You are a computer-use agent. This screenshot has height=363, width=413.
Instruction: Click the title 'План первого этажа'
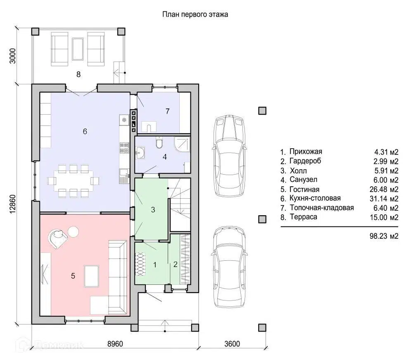(195, 14)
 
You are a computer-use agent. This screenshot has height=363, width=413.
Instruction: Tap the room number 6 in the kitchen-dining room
(85, 131)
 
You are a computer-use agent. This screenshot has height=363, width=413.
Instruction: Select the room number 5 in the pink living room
(73, 276)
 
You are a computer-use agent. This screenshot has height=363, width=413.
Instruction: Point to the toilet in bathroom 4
(159, 143)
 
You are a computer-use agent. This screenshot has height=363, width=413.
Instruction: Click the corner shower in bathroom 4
(182, 144)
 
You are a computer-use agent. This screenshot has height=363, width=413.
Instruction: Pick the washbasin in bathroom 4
(140, 153)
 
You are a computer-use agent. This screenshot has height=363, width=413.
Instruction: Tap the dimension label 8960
(115, 344)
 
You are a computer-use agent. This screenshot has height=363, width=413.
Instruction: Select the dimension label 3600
(232, 344)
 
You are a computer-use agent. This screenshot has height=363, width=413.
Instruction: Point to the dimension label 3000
(13, 56)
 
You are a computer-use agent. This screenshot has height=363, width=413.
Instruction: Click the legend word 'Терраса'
(304, 217)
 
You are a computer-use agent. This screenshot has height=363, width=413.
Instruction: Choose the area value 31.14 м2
(384, 199)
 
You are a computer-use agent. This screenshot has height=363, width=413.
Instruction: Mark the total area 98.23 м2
(384, 236)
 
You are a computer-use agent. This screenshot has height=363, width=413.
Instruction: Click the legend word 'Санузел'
(304, 180)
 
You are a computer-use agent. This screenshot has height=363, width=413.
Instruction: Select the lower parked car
(229, 267)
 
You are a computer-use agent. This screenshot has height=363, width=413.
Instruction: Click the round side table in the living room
(73, 232)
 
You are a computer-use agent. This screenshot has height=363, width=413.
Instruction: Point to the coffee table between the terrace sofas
(78, 49)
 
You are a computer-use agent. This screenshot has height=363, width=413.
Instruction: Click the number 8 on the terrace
(78, 75)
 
